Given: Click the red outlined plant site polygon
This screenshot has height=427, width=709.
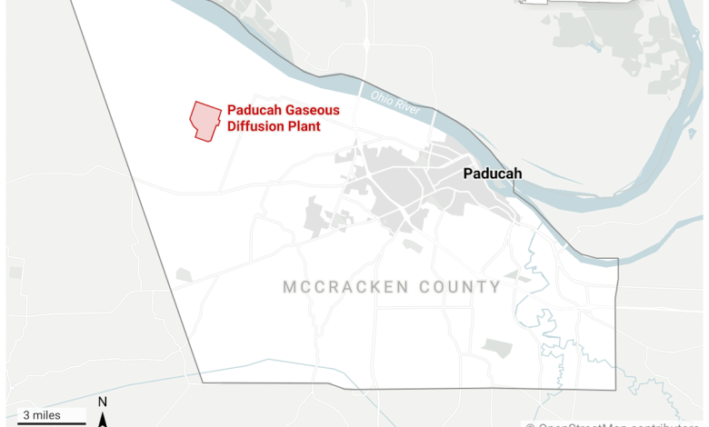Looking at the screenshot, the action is pos(205,120).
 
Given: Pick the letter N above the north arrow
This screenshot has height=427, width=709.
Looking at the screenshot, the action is pos(103,402).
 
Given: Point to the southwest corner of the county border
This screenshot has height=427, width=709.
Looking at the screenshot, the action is pos(203,382).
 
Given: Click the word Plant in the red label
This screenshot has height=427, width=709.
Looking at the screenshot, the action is pos(304,126).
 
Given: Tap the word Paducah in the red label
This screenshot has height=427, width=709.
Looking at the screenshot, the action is pos(252,110).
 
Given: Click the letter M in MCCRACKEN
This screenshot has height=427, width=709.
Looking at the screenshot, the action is pos(289,287).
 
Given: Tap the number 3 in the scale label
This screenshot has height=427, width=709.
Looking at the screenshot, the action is pos(26,414).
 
